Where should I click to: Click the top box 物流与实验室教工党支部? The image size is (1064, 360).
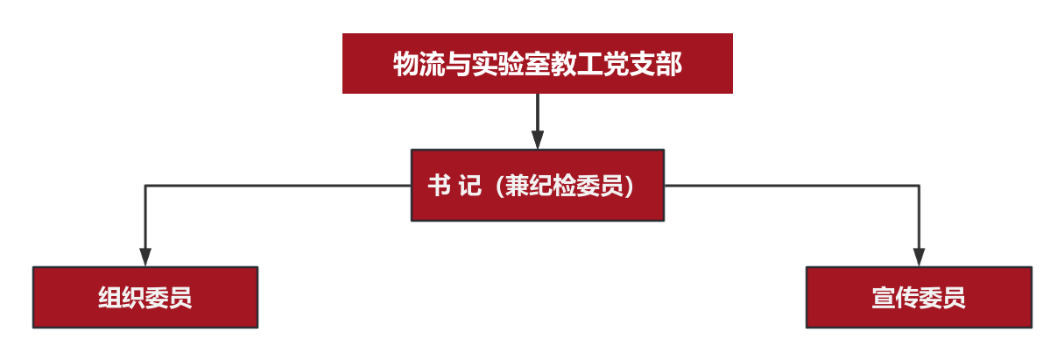[x=537, y=63]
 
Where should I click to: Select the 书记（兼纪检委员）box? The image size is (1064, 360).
[x=537, y=185]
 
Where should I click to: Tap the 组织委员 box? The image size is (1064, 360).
[x=145, y=297]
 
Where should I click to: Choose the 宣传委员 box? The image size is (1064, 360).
[x=919, y=297]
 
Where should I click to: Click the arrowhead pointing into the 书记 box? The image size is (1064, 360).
[x=537, y=140]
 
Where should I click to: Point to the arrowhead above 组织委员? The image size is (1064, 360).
[x=145, y=257]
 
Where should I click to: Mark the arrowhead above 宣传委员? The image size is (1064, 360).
[x=920, y=257]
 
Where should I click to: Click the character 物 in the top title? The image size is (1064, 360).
[x=405, y=64]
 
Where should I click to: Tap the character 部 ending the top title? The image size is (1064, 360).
[x=669, y=64]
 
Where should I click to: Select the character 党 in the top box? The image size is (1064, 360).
[x=617, y=64]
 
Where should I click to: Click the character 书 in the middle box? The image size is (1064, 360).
[x=440, y=185]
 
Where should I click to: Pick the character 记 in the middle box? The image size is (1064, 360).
[x=469, y=185]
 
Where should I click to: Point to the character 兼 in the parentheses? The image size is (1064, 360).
[x=517, y=185]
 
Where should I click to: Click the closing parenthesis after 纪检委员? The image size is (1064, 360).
[x=629, y=186]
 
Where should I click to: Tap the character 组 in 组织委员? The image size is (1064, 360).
[x=110, y=298]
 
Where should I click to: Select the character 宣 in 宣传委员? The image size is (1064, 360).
[x=884, y=298]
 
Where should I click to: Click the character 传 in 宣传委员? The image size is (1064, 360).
[x=906, y=298]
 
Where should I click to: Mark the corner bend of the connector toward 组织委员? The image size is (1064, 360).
[x=145, y=185]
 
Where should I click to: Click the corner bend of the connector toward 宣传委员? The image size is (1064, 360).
[x=920, y=185]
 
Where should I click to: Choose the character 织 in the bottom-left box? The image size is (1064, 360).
[x=133, y=298]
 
